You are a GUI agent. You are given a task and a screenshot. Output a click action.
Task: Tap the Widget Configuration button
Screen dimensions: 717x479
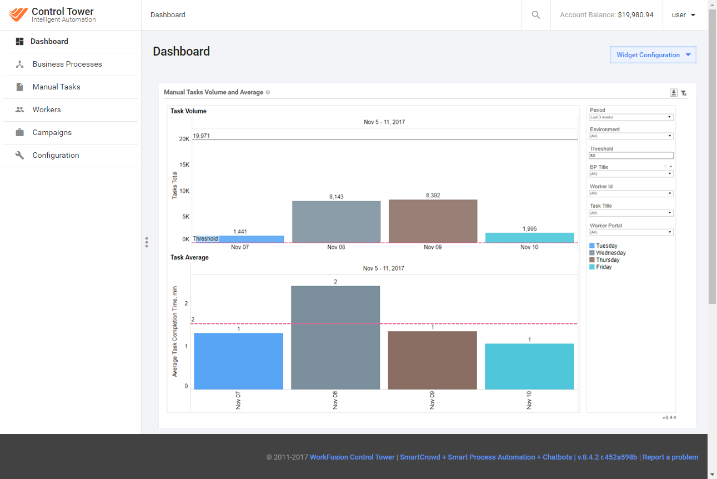(x=653, y=55)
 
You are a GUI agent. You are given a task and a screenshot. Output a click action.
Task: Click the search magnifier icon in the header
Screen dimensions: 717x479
(x=536, y=15)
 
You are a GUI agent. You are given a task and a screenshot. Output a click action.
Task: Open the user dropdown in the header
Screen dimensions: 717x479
(x=683, y=15)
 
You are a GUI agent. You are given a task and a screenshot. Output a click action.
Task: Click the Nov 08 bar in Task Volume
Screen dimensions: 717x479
(x=337, y=222)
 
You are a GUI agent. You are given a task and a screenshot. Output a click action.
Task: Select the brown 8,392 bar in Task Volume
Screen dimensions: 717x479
(x=433, y=221)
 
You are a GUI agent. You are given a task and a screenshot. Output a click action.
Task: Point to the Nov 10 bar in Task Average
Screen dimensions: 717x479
(x=529, y=367)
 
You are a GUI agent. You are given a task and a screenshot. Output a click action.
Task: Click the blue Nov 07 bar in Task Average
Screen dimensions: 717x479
(x=238, y=361)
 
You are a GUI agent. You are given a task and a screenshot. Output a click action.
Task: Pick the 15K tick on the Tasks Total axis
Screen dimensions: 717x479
(x=184, y=164)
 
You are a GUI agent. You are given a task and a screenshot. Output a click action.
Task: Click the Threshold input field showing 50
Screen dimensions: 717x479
(x=631, y=156)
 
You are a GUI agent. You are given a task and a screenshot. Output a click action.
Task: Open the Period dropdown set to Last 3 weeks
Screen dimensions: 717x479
(x=631, y=117)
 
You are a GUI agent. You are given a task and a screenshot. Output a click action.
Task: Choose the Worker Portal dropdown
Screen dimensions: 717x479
(x=631, y=232)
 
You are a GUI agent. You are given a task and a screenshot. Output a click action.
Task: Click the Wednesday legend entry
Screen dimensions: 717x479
(x=607, y=253)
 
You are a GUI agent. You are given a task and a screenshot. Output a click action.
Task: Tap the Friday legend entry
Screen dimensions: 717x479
(x=600, y=267)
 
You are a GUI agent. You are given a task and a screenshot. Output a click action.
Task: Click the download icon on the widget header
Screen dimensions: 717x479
(x=674, y=93)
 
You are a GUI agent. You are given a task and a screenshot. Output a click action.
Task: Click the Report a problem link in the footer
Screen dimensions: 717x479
(x=670, y=457)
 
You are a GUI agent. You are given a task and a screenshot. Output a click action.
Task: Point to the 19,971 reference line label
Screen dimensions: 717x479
(x=202, y=136)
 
